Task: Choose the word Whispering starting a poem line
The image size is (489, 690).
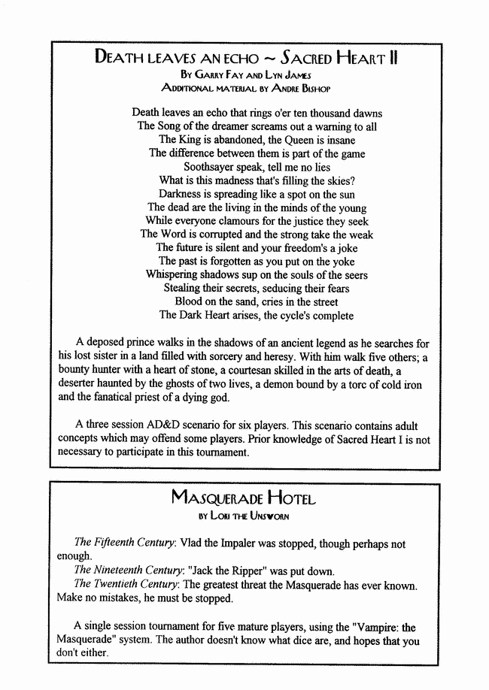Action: click(177, 275)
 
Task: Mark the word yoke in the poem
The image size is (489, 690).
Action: click(333, 262)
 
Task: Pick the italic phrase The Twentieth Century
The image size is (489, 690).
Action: click(125, 584)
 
